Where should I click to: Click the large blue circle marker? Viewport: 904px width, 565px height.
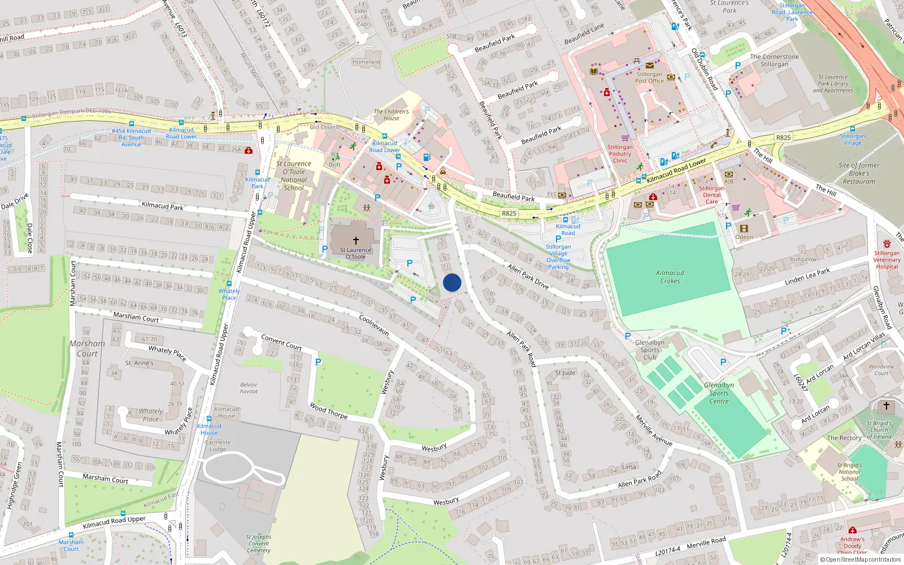(x=452, y=282)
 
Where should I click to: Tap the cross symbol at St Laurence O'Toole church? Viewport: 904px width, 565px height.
(x=356, y=241)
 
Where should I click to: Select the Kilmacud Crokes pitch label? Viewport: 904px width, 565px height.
(x=670, y=277)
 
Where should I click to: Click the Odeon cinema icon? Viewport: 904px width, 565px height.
(x=744, y=229)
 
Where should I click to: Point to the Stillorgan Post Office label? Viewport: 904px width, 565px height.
(x=649, y=77)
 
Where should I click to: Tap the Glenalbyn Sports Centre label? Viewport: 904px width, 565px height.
(x=719, y=393)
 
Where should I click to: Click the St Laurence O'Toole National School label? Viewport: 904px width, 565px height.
(x=294, y=176)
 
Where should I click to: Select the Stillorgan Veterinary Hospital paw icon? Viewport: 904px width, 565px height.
(x=886, y=244)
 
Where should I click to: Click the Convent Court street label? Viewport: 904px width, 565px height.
(x=281, y=342)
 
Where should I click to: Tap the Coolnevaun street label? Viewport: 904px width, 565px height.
(x=374, y=325)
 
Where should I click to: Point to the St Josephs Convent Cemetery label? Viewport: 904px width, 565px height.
(x=259, y=544)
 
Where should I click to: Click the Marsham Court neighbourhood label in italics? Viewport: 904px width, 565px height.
(x=88, y=348)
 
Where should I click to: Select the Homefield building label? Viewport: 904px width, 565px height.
(x=366, y=62)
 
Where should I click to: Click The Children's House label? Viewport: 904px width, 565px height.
(x=391, y=115)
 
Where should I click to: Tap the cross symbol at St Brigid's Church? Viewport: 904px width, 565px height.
(x=886, y=406)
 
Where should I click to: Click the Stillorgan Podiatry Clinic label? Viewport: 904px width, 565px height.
(x=620, y=154)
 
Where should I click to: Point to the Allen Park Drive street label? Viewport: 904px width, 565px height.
(x=528, y=276)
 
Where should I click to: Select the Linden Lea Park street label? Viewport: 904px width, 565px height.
(x=807, y=277)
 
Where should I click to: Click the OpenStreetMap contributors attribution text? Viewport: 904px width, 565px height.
(x=860, y=559)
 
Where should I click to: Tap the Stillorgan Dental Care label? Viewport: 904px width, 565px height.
(x=711, y=195)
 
